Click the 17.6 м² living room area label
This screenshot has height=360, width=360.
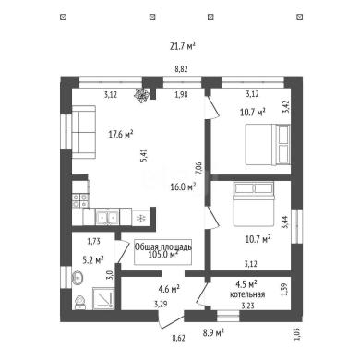[121, 134]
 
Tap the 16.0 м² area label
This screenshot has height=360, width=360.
[184, 186]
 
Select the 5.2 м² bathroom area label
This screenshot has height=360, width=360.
[93, 260]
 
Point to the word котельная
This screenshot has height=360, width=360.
[247, 294]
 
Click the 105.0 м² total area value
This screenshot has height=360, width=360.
[163, 255]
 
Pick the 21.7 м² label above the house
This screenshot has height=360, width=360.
[183, 46]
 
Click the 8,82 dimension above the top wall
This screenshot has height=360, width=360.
[181, 69]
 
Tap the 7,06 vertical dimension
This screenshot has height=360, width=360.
[198, 169]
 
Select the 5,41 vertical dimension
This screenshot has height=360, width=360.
[146, 155]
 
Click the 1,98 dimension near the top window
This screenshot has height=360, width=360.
[181, 95]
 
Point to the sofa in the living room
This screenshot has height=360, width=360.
[83, 132]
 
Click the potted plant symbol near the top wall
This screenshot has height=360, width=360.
[141, 94]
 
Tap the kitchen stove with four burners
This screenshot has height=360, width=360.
[80, 200]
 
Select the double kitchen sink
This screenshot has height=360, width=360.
[107, 217]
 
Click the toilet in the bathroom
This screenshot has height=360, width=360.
[80, 302]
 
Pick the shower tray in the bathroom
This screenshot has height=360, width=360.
[103, 298]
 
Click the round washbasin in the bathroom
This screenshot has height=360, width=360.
[78, 278]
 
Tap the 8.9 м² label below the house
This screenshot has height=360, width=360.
[213, 332]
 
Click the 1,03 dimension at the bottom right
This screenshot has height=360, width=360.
[297, 334]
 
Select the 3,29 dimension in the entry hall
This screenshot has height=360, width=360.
[161, 306]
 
